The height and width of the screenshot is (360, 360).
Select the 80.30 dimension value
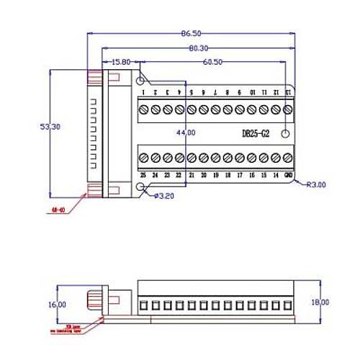(199, 48)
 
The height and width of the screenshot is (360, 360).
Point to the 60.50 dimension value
(212, 63)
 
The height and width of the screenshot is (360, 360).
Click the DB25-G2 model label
(256, 134)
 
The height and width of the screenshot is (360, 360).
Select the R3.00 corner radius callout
(316, 185)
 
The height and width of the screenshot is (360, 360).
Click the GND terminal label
(288, 175)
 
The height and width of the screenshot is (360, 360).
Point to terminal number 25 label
(143, 175)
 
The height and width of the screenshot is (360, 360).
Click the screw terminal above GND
(288, 158)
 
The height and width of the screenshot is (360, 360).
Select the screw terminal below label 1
(144, 109)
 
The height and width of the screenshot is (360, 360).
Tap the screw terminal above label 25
(143, 158)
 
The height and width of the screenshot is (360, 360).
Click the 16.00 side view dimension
(58, 305)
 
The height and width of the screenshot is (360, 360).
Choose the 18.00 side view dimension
(321, 302)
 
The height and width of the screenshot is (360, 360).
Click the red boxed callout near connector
(63, 210)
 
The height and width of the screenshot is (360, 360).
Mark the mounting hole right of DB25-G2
(285, 134)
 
